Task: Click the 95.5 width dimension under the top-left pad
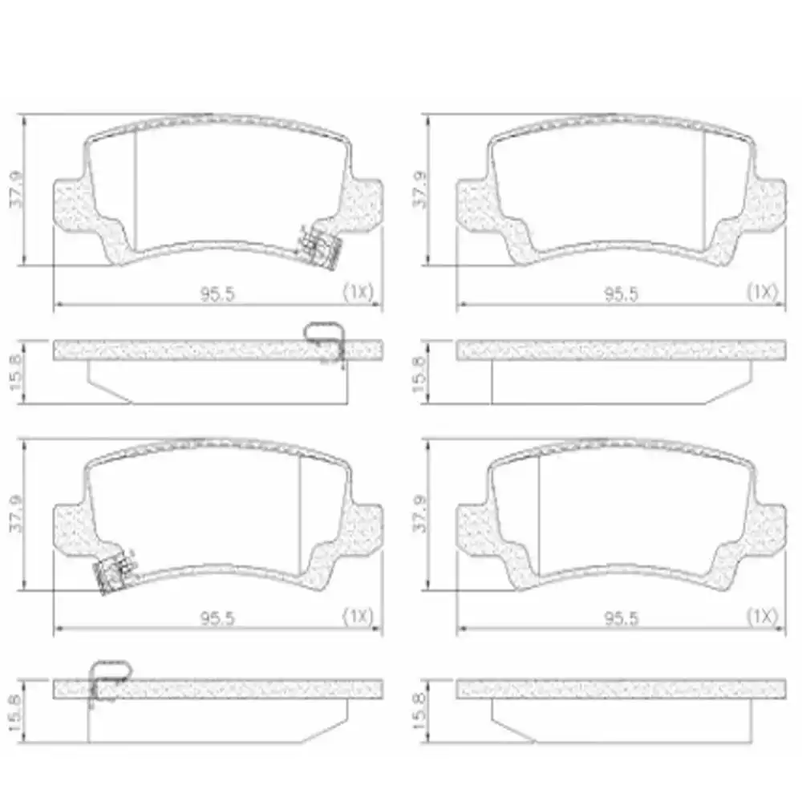point(217,294)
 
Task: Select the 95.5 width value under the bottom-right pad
point(620,617)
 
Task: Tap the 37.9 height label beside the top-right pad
point(419,190)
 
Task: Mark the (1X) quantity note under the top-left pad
point(358,292)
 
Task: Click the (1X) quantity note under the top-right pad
point(762,292)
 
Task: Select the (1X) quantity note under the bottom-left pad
point(358,616)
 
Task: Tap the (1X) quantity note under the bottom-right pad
point(762,616)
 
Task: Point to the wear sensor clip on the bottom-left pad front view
point(113,572)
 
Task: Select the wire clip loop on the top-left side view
point(326,335)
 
